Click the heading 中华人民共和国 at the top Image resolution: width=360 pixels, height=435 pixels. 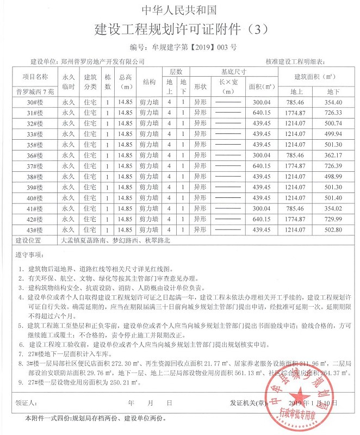coord(179,10)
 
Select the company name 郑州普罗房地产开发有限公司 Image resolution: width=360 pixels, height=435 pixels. coord(103,61)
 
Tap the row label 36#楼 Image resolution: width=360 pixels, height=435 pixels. coord(35,156)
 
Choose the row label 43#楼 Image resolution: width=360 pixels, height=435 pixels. coord(35,230)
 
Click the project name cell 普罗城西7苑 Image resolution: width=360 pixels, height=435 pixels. coord(35,91)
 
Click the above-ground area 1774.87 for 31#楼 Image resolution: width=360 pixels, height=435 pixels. coord(297,113)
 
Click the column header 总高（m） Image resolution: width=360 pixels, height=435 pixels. coord(126,82)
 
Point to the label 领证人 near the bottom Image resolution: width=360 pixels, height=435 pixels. coord(27,403)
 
